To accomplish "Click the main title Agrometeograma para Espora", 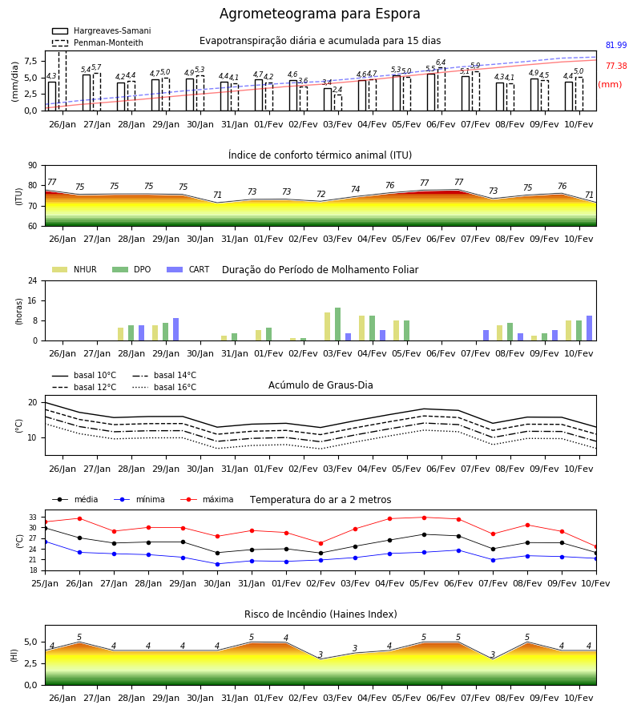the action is click(x=320, y=14).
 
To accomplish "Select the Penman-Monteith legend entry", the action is click(x=98, y=42).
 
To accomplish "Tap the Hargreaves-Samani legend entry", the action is click(x=101, y=30).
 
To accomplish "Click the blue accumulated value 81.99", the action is click(x=616, y=45).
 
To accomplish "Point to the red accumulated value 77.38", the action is click(x=616, y=66).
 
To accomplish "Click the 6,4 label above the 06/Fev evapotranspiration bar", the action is click(x=441, y=62).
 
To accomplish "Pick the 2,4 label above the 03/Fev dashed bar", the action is click(x=337, y=90).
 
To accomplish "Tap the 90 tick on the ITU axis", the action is click(x=33, y=166).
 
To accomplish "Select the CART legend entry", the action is click(x=188, y=269).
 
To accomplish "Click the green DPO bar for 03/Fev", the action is click(x=338, y=324).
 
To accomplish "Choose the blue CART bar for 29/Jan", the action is click(x=176, y=329).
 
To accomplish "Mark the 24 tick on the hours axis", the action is click(x=33, y=280).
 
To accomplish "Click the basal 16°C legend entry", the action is click(x=164, y=387).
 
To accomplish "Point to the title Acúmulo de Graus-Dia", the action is click(x=320, y=385).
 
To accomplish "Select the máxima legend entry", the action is click(x=207, y=499).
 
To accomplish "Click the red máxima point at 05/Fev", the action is click(x=424, y=518).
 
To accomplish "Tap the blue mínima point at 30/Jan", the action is click(x=217, y=564).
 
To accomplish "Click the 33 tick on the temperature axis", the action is click(x=33, y=518).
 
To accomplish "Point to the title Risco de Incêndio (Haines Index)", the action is click(x=320, y=614).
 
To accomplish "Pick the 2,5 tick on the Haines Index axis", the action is click(x=31, y=664).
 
